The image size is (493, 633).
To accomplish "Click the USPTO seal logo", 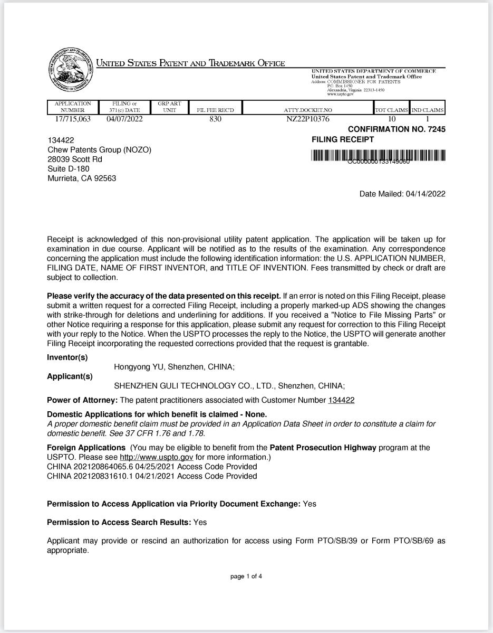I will click(70, 71).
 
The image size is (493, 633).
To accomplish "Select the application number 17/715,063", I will click(73, 119).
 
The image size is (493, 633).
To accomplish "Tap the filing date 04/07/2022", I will click(124, 119).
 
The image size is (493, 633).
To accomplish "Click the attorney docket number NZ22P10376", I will click(308, 119).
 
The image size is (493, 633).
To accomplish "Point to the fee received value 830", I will click(215, 119).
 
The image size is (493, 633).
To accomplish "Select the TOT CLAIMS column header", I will click(391, 110).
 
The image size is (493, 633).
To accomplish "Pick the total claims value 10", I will click(391, 119).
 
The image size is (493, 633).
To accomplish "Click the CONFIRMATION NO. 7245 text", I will click(397, 129).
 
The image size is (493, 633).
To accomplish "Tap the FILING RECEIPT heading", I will click(343, 140).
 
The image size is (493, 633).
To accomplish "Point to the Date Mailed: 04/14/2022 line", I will click(402, 194).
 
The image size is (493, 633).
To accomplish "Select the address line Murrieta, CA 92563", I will click(82, 178).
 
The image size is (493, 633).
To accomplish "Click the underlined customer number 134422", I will click(341, 400).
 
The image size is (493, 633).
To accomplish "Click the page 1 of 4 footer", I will click(246, 576).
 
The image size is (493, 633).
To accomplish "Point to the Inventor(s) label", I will click(67, 357).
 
